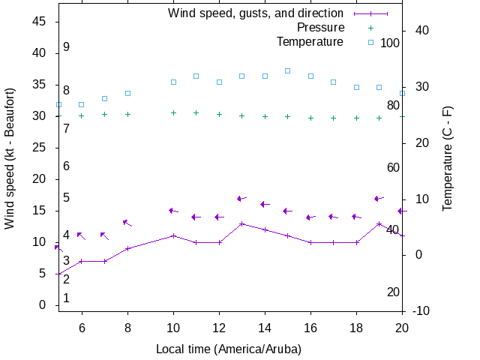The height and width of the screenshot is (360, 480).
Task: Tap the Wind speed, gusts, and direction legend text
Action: [256, 13]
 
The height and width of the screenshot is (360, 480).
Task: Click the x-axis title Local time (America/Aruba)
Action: [229, 349]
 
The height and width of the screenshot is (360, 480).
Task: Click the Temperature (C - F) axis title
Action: [448, 169]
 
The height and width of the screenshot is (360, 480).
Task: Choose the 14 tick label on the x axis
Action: [265, 328]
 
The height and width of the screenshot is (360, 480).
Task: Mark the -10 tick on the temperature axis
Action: [419, 310]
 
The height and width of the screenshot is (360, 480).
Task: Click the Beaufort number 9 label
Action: [66, 46]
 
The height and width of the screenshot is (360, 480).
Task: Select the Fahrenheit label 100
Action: [390, 43]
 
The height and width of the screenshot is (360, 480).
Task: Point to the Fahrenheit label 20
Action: [393, 292]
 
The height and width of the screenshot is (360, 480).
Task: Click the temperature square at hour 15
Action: [288, 70]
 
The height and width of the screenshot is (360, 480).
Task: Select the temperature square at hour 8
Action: [127, 93]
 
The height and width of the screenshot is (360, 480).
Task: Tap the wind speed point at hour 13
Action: [241, 223]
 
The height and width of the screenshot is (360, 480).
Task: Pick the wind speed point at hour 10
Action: [173, 235]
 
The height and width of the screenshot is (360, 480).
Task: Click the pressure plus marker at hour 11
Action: [196, 113]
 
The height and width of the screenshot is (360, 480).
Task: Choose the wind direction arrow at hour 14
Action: [265, 204]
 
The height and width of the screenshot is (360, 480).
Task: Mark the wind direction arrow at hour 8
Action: [127, 223]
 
